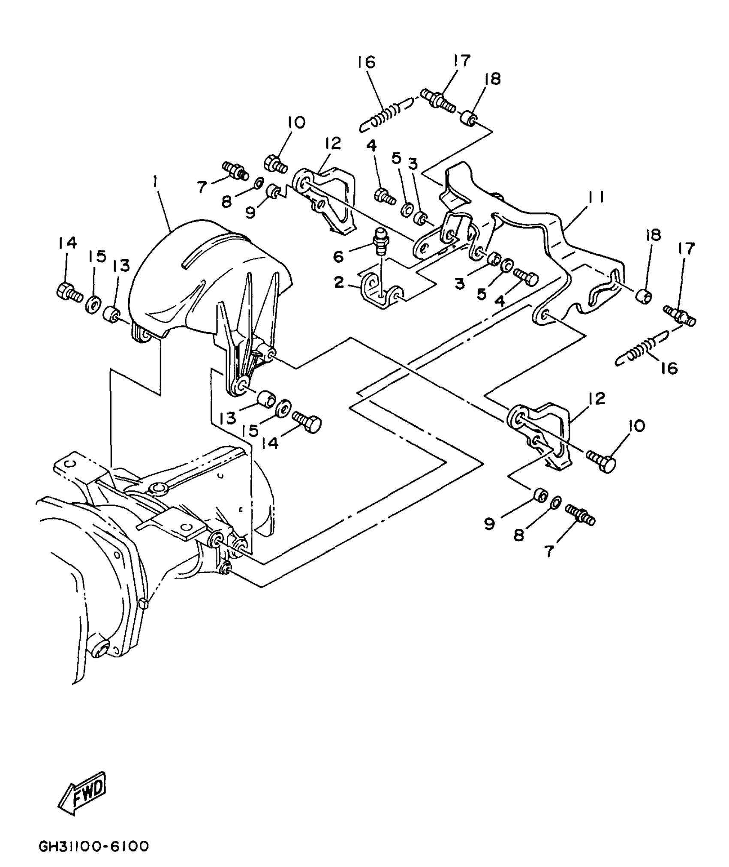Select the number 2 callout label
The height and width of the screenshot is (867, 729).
(x=339, y=282)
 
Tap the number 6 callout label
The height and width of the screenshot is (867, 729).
(x=338, y=257)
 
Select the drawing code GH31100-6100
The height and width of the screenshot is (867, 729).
(x=94, y=846)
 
